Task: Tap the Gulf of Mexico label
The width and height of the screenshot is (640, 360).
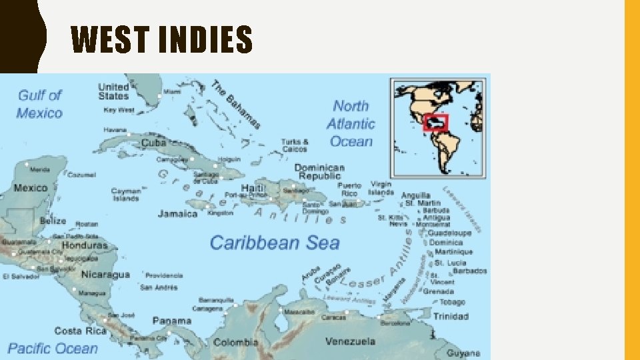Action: pos(39,104)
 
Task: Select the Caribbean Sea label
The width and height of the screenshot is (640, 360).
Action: pos(275,243)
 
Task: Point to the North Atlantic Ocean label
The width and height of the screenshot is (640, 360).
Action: pos(351,123)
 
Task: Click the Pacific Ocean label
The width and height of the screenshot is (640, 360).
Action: pos(53,348)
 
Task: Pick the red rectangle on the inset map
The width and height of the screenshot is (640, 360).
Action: pos(436,123)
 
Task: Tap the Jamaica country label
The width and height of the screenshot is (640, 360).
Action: pos(178,214)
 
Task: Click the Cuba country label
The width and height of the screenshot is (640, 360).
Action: pos(154,143)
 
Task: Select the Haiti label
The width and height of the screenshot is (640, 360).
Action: pos(253,187)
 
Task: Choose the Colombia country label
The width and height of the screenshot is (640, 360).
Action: pos(235,343)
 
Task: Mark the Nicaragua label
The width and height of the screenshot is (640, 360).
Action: pos(105,275)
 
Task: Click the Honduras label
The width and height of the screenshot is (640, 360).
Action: pos(85,245)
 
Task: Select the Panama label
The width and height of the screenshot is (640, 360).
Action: pos(172,320)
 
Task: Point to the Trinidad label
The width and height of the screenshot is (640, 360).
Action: pos(451,317)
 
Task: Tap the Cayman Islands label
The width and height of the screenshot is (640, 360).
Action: pos(125,195)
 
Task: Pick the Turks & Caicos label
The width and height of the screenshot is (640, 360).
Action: pos(295,145)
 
